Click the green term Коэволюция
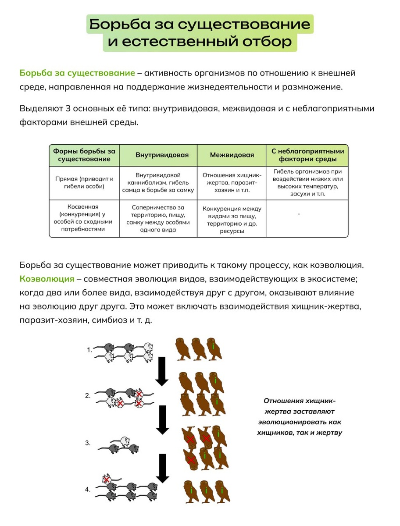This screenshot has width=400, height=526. pyautogui.click(x=47, y=279)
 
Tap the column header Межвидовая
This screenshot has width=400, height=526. pyautogui.click(x=232, y=155)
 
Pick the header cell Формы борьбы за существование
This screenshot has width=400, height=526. pyautogui.click(x=84, y=155)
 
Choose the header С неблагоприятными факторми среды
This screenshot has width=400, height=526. pyautogui.click(x=307, y=155)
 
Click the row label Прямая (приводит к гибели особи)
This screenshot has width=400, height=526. pyautogui.click(x=84, y=182)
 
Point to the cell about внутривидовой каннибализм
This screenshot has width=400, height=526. pyautogui.click(x=158, y=182)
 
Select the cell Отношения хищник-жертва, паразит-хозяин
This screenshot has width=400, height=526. pyautogui.click(x=232, y=182)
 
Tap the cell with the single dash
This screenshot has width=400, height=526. pyautogui.click(x=299, y=214)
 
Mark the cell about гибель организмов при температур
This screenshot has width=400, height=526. pyautogui.click(x=307, y=182)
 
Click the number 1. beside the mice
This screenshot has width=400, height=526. pyautogui.click(x=89, y=350)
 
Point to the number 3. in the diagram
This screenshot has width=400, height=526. pyautogui.click(x=88, y=443)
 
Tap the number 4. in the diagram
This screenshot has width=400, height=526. pyautogui.click(x=88, y=489)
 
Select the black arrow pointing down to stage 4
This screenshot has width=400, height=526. pyautogui.click(x=163, y=468)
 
